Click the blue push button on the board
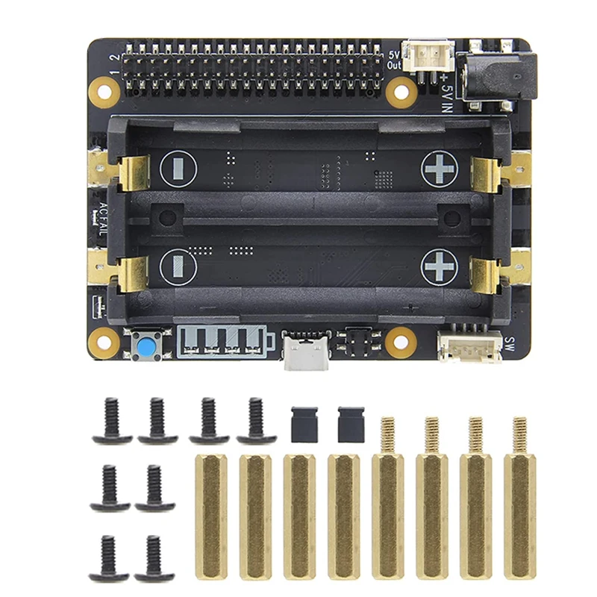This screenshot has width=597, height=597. [142, 344]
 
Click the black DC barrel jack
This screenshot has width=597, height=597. [498, 77]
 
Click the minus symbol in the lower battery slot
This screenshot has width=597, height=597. [178, 266]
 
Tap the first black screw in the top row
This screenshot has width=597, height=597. [113, 421]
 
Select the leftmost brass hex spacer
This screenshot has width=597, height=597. [210, 515]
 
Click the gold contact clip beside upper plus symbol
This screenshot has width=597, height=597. [487, 174]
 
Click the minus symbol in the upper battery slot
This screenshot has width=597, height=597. [178, 169]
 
